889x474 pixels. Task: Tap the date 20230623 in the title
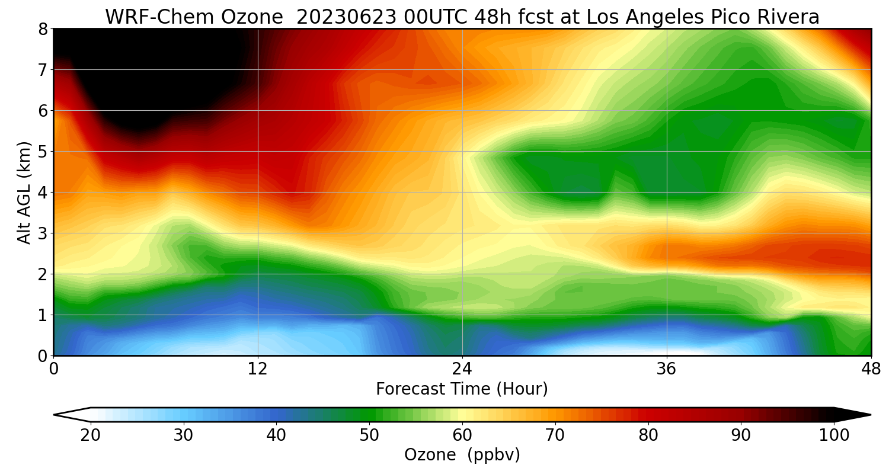coord(346,17)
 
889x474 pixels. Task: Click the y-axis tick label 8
coord(43,30)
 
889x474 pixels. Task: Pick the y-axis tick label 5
coord(43,152)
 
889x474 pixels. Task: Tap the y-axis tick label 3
coord(43,233)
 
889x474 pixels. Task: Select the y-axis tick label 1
coord(43,315)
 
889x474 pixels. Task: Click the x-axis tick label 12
coord(258,369)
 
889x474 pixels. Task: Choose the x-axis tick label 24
coord(462,369)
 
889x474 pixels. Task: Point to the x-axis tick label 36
coord(666,369)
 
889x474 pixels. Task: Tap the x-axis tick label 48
coord(871,369)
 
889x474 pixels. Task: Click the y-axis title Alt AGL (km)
coord(24,193)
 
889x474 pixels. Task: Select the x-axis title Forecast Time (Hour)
coord(462,389)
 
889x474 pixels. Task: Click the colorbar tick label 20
coord(91,435)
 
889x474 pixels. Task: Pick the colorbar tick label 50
coord(369,435)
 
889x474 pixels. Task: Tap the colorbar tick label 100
coord(834,435)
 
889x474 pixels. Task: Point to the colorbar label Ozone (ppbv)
coord(462,455)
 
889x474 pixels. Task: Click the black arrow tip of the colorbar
coord(871,415)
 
